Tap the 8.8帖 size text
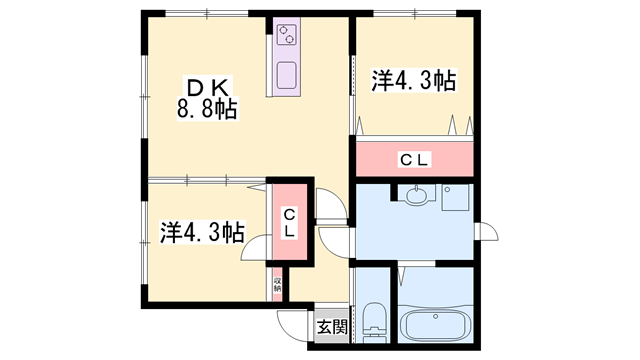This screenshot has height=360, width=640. (x=207, y=108)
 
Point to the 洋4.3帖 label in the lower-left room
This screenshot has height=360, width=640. (x=201, y=232)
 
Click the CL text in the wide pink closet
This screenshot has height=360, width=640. (x=414, y=159)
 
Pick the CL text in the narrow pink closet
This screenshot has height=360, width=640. (x=288, y=223)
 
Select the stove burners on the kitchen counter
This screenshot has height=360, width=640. (x=288, y=35)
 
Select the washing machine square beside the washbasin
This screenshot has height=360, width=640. (x=454, y=199)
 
